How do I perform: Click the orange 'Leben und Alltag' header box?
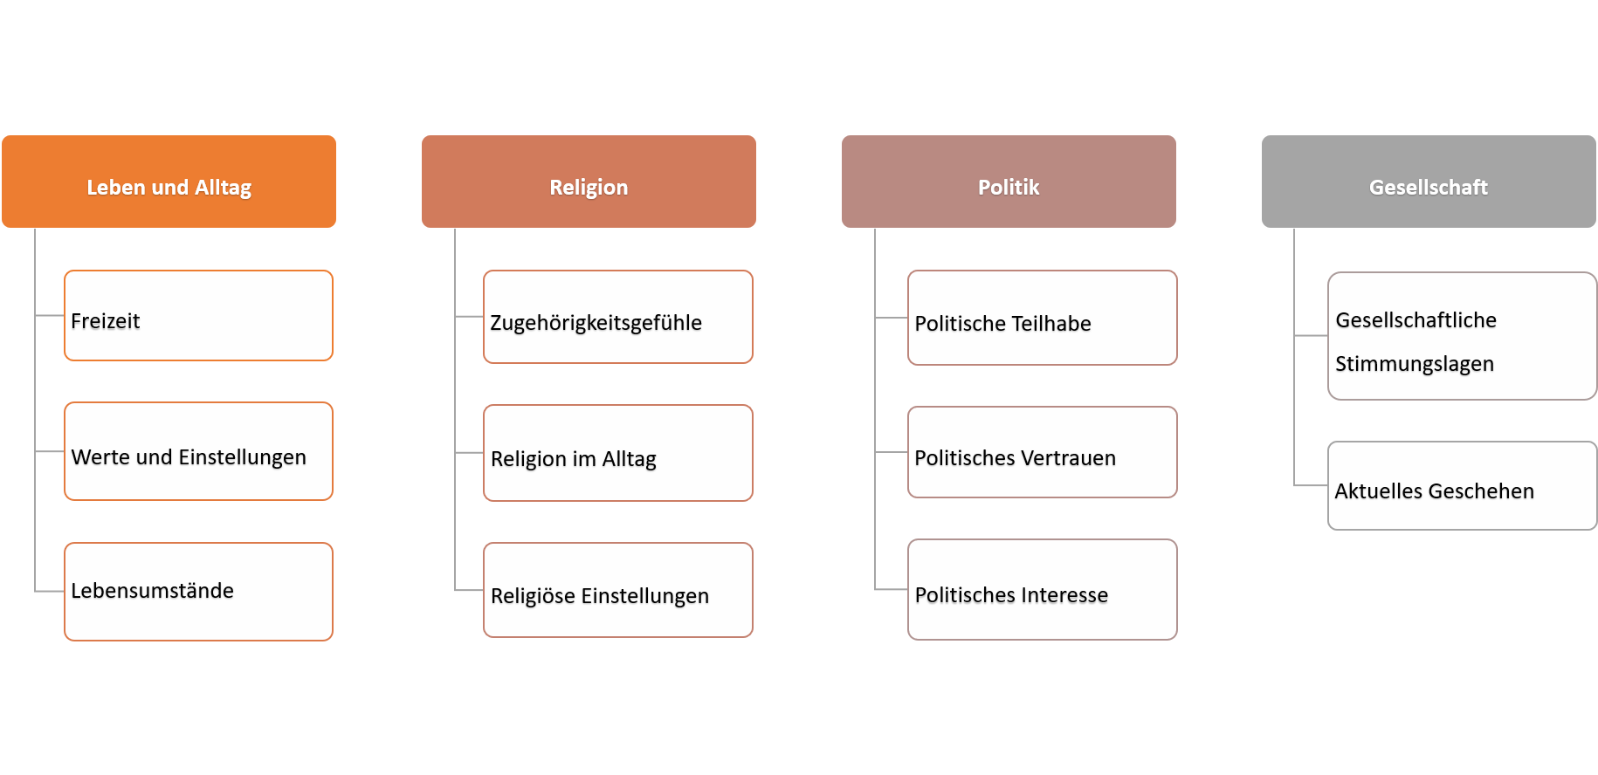pos(169,182)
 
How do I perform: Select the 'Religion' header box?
pos(589,182)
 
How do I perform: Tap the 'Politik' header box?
pos(1009,182)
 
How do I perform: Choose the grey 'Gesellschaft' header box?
pos(1429,182)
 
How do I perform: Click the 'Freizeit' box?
pos(198,315)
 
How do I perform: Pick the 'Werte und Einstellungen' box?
pos(198,451)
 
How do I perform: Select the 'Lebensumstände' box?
pos(198,592)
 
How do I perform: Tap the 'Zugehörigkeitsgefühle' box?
pos(618,317)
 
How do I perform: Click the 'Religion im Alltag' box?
pos(618,453)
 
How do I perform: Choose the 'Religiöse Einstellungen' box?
pos(618,590)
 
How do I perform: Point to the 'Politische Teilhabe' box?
pos(1043,318)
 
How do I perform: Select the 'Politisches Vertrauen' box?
pos(1043,452)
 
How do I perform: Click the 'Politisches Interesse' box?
pos(1043,589)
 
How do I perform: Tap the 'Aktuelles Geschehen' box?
pos(1463,485)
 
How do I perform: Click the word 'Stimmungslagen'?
pos(1415,364)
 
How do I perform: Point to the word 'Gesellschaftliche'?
pos(1415,320)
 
